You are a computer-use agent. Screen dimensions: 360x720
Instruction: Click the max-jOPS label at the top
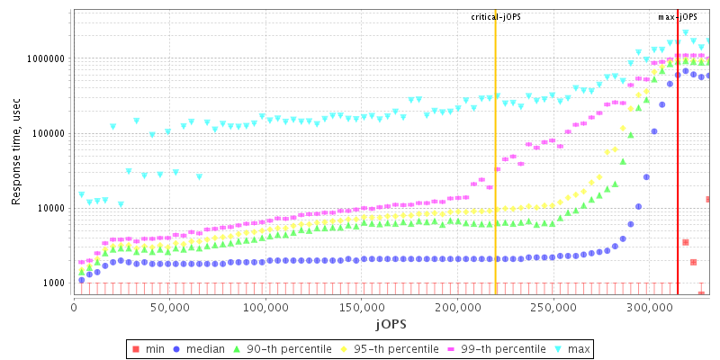click(x=678, y=17)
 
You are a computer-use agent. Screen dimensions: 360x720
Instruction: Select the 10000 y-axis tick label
click(x=50, y=208)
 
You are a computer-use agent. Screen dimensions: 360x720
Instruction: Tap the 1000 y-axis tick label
click(x=53, y=283)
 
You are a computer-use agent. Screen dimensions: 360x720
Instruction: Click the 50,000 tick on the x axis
click(x=170, y=307)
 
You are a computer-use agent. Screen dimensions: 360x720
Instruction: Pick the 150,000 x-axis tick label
click(x=363, y=307)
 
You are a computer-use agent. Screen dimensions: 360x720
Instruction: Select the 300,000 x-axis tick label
click(x=651, y=307)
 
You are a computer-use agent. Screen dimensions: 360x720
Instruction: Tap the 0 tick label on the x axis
click(x=74, y=307)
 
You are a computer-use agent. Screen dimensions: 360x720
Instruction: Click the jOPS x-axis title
click(x=391, y=322)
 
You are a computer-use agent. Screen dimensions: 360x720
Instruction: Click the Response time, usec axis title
click(x=15, y=153)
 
